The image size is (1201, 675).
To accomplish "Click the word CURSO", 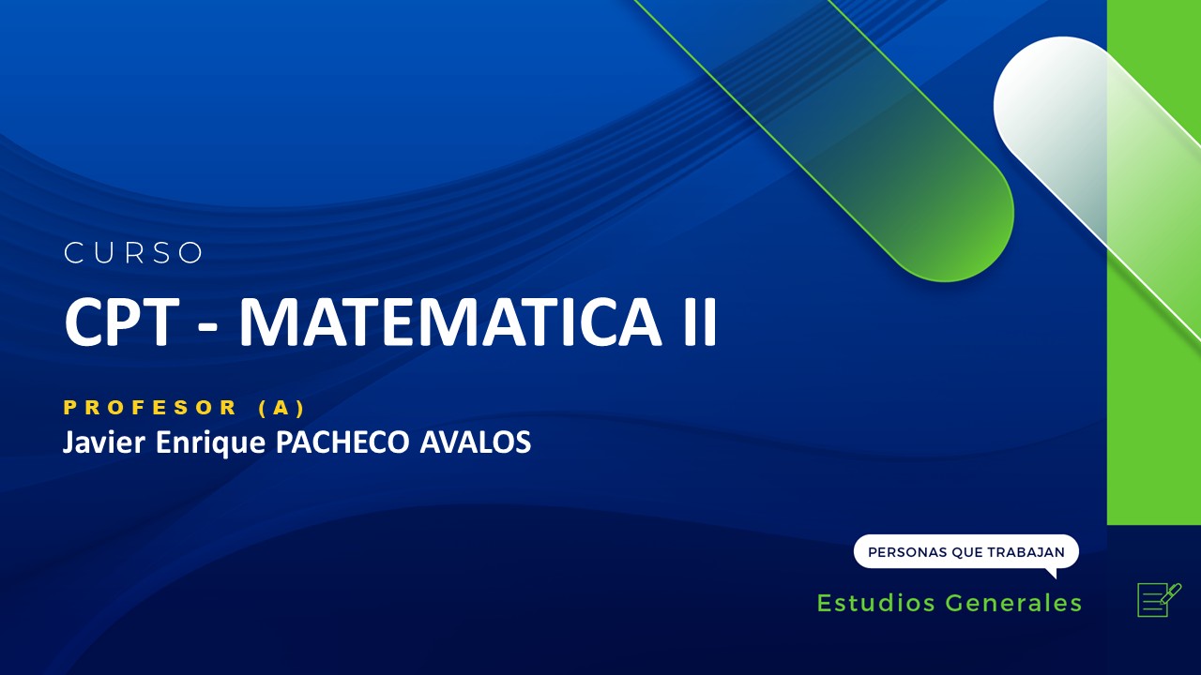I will coord(133,253).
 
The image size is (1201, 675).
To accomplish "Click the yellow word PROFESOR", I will coord(150,408).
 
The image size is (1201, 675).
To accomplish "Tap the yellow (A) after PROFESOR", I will coord(281,408).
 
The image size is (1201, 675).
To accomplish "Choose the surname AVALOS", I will coord(474,442).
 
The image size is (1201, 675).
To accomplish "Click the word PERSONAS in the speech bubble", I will coord(907,552).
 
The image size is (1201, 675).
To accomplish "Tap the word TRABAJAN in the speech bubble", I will coord(1026,552).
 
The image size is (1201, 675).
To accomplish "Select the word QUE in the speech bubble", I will coord(967,552).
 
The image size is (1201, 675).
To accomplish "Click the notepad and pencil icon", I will coord(1158,599).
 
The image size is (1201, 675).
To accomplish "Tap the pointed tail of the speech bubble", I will coord(1052,572).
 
